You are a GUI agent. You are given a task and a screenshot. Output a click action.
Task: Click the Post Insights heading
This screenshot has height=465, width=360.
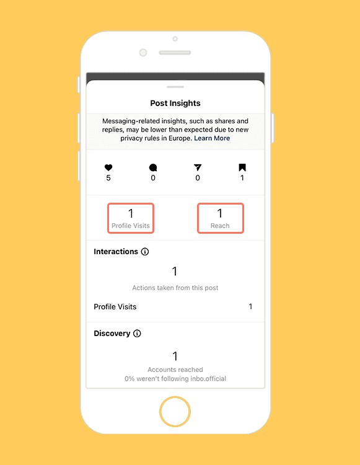[x=175, y=103]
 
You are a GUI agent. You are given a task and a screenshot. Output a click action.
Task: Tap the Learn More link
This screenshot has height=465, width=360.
[x=212, y=138]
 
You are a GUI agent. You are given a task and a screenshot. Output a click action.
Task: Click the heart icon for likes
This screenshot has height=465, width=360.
[x=108, y=167]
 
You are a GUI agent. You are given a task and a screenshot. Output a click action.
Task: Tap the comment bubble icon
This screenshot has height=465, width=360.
[x=153, y=167]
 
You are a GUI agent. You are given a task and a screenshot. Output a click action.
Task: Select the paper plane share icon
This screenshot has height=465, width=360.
[x=198, y=167]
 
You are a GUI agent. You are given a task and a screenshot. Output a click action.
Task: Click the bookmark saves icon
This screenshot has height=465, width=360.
[x=242, y=167]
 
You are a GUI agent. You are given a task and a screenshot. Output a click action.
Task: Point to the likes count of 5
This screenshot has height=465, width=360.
[x=108, y=178]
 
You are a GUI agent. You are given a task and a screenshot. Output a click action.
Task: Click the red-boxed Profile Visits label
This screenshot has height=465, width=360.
[x=131, y=226]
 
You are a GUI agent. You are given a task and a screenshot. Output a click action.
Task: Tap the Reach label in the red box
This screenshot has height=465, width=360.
[x=220, y=226]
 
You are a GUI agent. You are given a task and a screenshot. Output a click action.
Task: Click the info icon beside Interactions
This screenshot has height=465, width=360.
[x=145, y=252]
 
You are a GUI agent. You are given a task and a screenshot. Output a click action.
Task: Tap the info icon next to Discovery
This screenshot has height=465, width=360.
[x=137, y=334]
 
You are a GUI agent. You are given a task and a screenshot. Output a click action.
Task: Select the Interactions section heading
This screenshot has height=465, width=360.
[x=116, y=252]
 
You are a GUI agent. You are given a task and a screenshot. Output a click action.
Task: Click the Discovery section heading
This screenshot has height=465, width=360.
[x=112, y=334]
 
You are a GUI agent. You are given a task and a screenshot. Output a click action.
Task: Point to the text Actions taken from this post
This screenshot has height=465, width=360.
[x=175, y=288]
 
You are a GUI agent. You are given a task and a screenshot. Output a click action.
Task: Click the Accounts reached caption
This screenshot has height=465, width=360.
[x=175, y=370]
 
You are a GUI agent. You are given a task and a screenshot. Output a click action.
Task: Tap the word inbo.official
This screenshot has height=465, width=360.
[x=208, y=379]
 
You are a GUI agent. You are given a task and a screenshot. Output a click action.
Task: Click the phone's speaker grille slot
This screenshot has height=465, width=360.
[x=175, y=53]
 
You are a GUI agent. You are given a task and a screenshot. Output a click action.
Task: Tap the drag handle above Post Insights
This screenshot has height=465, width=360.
[x=175, y=87]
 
